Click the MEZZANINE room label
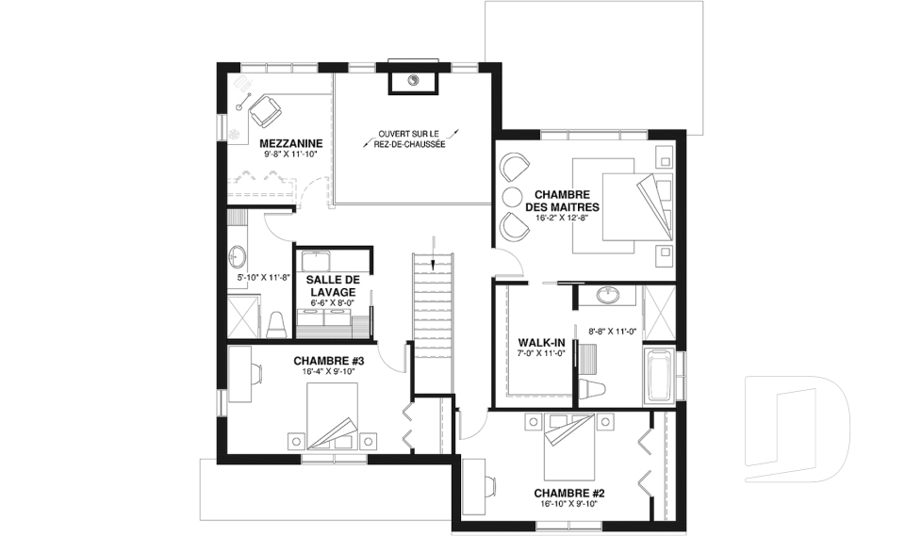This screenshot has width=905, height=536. click(291, 143)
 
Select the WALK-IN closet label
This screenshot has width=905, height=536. click(541, 343)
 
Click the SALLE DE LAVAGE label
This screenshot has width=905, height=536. click(333, 285)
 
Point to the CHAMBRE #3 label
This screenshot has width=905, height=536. click(328, 361)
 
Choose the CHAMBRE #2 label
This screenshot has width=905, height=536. click(569, 494)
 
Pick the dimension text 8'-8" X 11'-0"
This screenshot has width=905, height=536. click(612, 332)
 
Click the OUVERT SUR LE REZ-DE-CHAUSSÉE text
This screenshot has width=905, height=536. click(409, 138)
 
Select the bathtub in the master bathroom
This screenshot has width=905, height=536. click(659, 375)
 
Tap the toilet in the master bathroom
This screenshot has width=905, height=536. click(594, 389)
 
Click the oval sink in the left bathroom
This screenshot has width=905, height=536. click(238, 257)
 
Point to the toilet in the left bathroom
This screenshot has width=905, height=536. click(277, 325)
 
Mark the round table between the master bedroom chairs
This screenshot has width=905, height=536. click(511, 196)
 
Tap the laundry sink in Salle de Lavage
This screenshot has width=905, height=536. click(316, 262)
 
